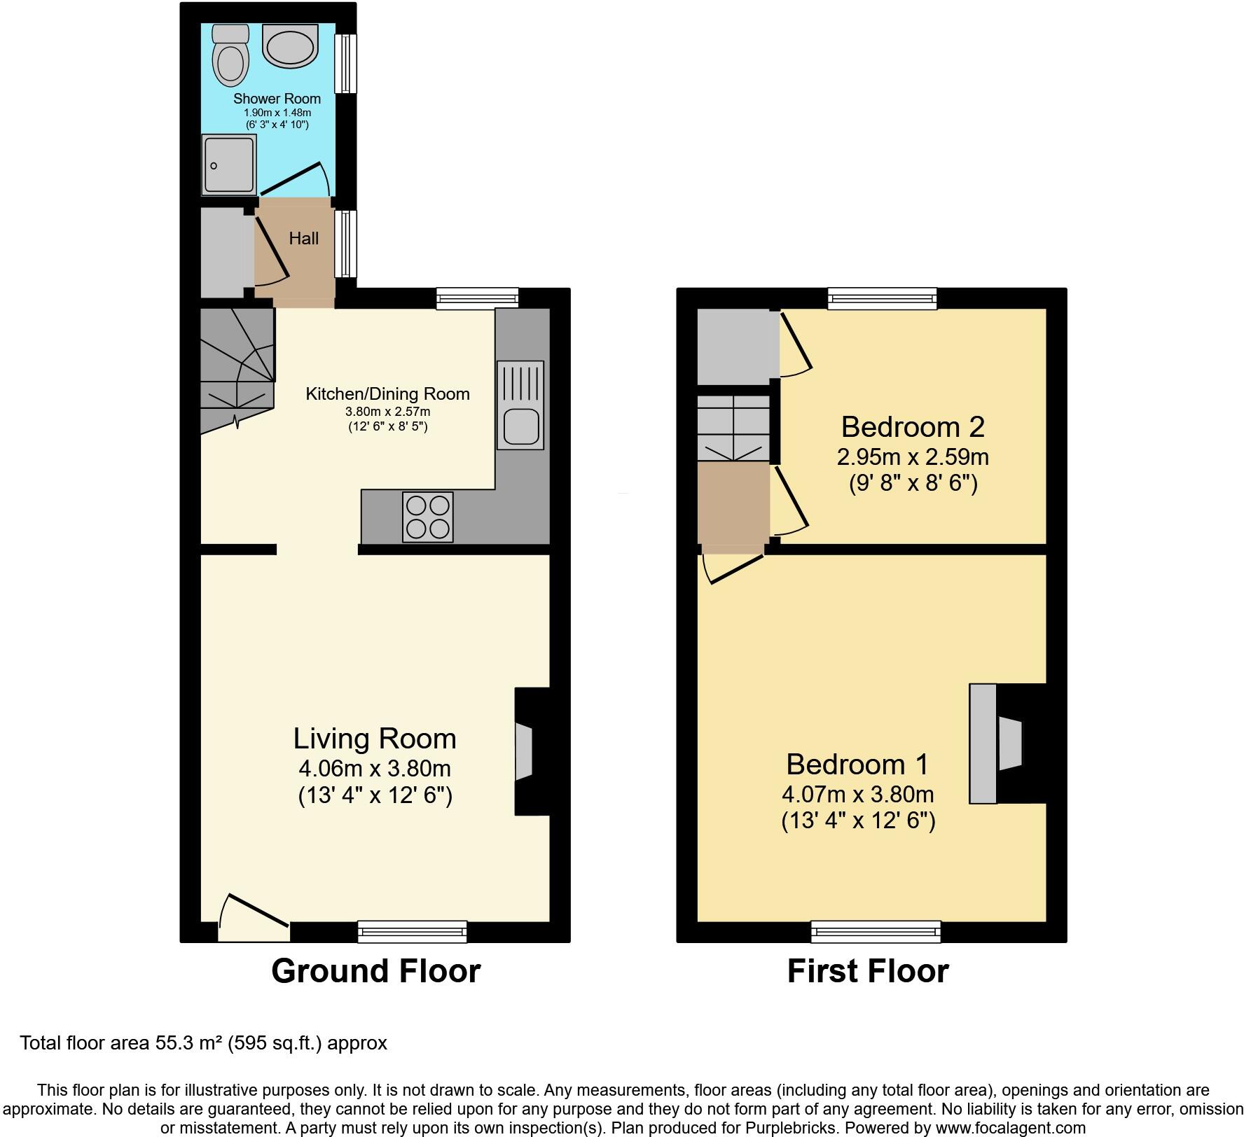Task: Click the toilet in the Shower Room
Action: pos(230,56)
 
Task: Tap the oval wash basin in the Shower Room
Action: pos(291,46)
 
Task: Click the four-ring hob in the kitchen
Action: pos(427,517)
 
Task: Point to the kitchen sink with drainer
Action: pos(520,405)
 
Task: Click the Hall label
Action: pos(304,239)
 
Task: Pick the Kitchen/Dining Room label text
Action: pos(387,394)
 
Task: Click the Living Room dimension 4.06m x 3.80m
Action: pos(375,769)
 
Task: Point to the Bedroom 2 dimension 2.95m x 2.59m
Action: pos(913,457)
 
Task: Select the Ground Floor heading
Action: pos(375,971)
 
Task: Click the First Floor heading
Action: pos(868,971)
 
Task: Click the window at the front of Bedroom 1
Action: pos(876,931)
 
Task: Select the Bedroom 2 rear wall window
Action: pos(882,298)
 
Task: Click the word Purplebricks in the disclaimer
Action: pos(795,1129)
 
